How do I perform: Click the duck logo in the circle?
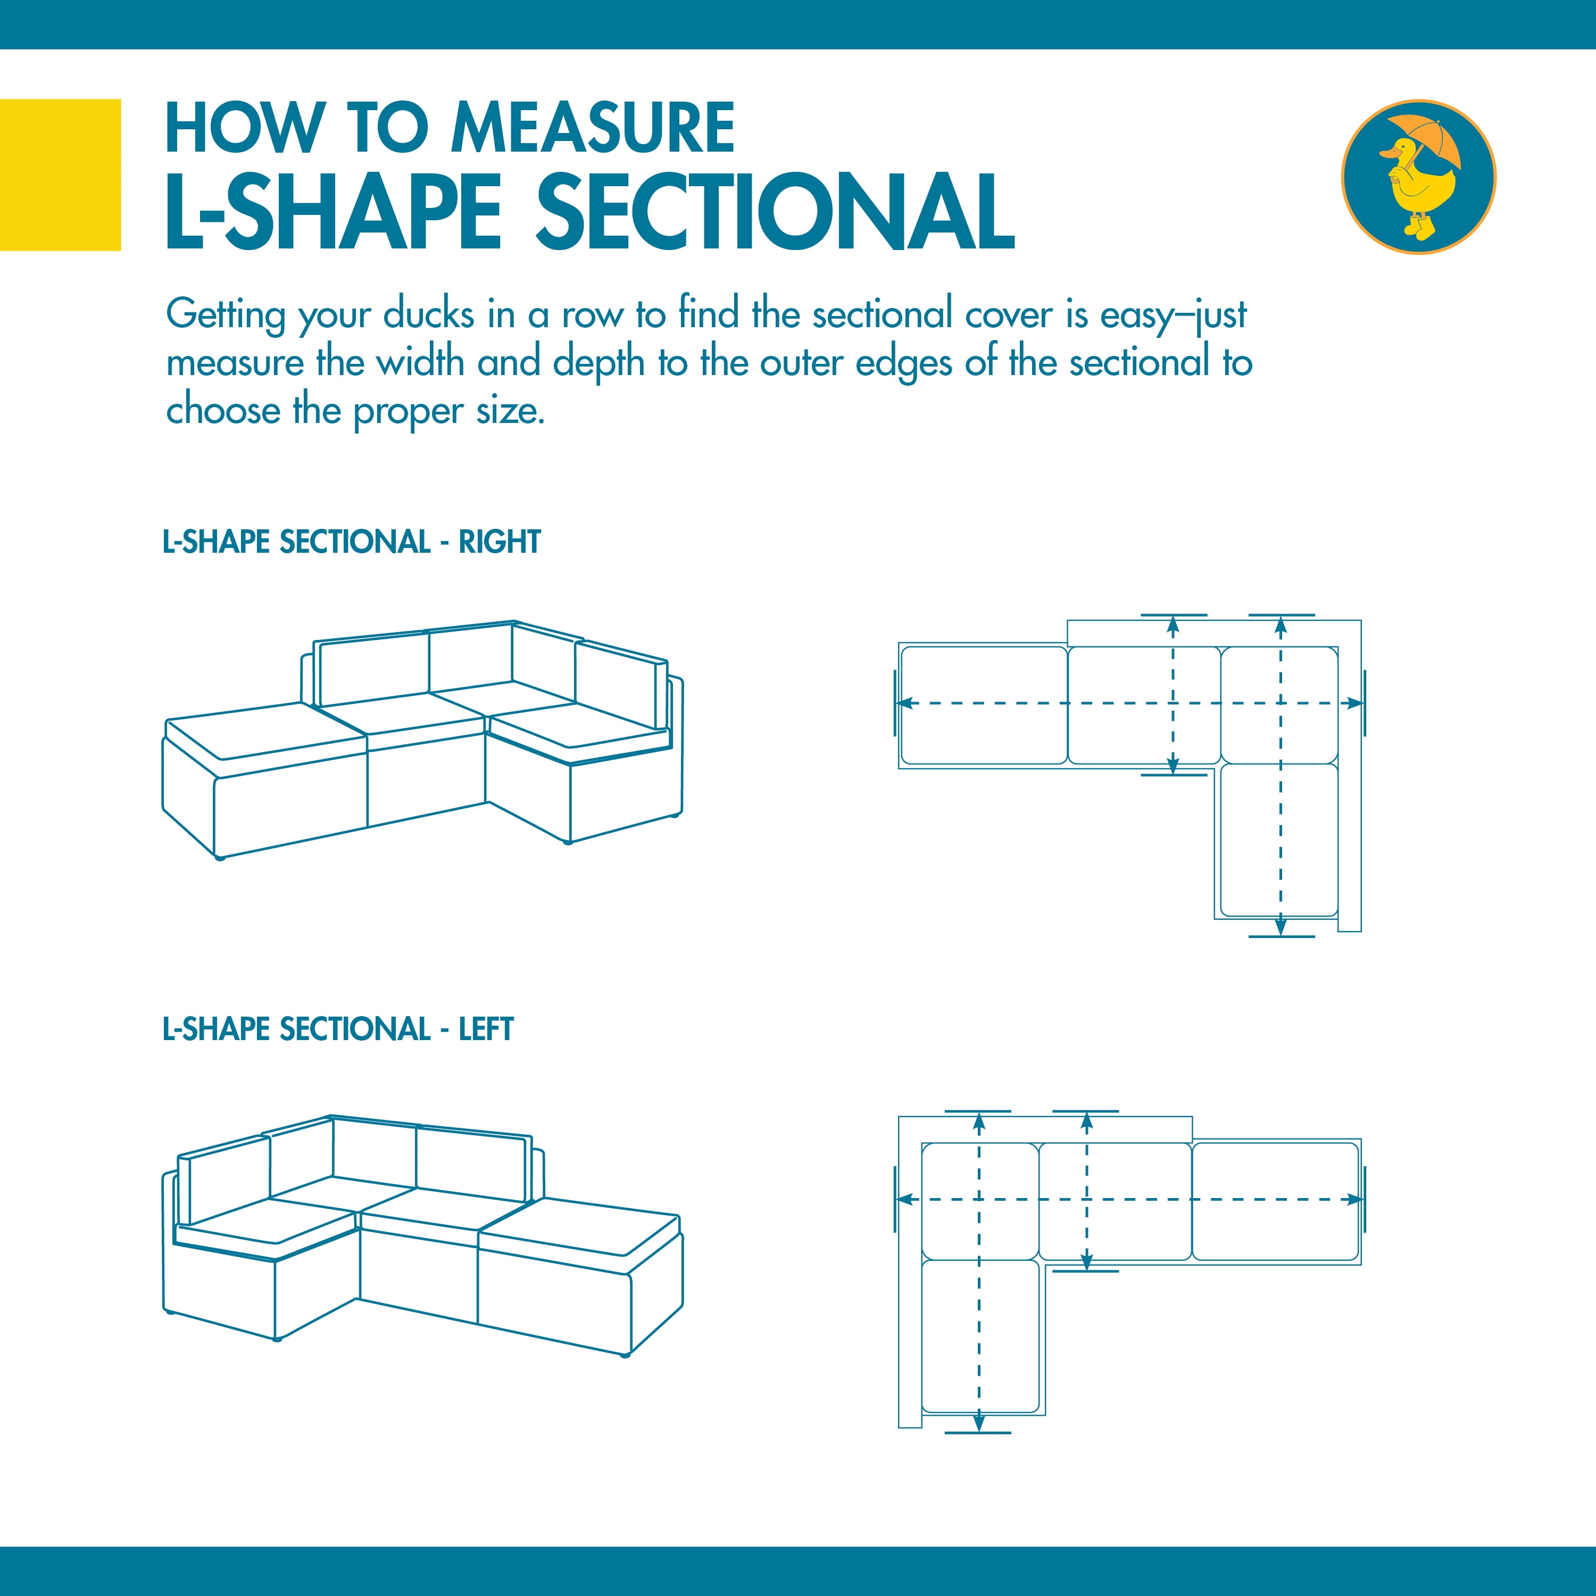click(1418, 177)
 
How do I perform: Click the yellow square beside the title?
click(60, 174)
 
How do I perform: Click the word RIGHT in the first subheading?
click(499, 542)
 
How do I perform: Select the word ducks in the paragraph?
click(429, 315)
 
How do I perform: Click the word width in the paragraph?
click(420, 363)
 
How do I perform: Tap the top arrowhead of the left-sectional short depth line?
click(1086, 1121)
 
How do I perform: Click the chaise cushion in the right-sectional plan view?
click(1279, 840)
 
